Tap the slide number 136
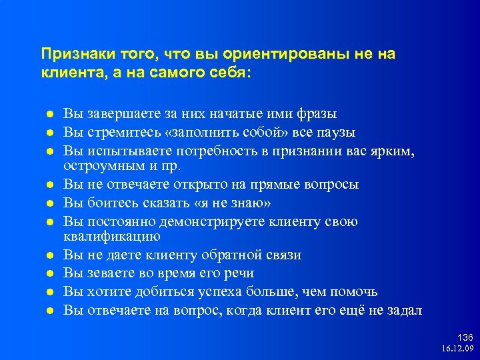pyautogui.click(x=465, y=338)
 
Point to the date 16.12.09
pyautogui.click(x=457, y=349)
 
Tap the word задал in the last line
pyautogui.click(x=406, y=311)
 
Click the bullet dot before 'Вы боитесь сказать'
pyautogui.click(x=49, y=203)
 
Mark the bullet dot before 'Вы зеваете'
pyautogui.click(x=49, y=274)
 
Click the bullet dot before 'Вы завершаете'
pyautogui.click(x=49, y=115)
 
